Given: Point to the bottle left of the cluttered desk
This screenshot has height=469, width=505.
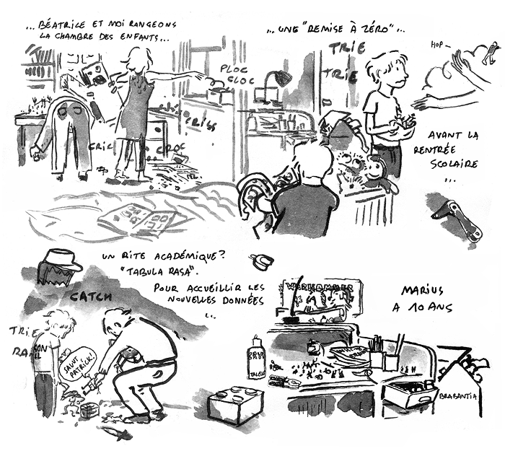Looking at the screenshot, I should coord(257,358).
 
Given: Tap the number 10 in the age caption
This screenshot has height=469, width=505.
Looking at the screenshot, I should coord(418,311).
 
